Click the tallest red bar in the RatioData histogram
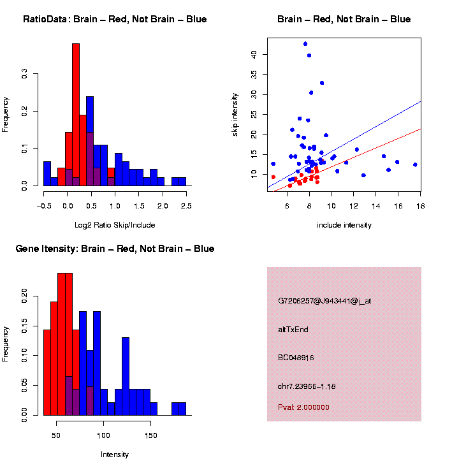click(76, 115)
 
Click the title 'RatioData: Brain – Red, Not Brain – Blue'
click(115, 20)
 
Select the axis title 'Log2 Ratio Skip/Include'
click(115, 225)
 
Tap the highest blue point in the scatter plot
click(305, 44)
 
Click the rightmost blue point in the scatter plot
click(415, 164)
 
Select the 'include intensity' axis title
click(344, 225)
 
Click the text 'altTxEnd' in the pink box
click(292, 330)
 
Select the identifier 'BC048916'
click(296, 358)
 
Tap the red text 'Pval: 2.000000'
click(303, 407)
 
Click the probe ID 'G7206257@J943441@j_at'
click(324, 301)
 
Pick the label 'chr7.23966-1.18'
click(307, 386)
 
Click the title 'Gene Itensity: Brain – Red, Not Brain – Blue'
click(115, 249)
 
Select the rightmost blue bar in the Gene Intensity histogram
click(182, 409)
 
